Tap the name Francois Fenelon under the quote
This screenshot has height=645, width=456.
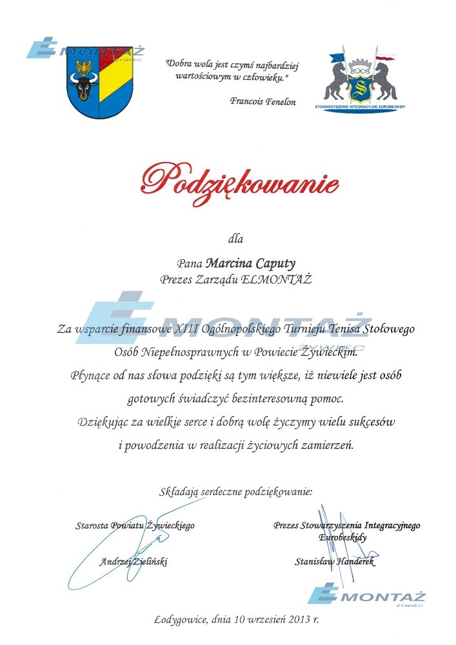pos(263,102)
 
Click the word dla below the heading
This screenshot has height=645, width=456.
pos(236,239)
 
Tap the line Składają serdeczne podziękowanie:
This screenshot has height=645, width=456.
pos(236,492)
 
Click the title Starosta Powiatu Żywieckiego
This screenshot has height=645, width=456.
pos(134,526)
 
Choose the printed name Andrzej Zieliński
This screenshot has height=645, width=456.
pos(134,562)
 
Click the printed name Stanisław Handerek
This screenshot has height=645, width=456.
pos(334,562)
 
